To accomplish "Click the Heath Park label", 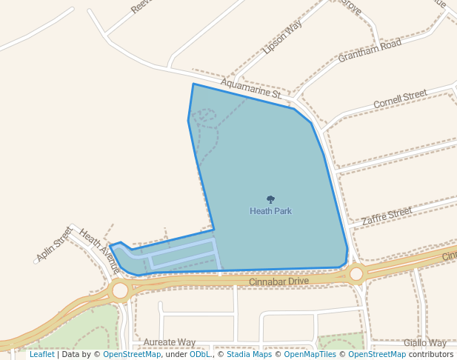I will click(270, 211).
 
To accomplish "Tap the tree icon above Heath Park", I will click(270, 199).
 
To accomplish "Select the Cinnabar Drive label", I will click(278, 281).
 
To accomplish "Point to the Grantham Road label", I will click(370, 50).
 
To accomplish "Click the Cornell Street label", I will click(400, 99).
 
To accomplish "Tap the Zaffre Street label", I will click(387, 216).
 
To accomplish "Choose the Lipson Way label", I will click(282, 38).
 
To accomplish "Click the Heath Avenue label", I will click(99, 249).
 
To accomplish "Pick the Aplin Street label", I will click(53, 244).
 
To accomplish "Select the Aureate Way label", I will click(170, 342).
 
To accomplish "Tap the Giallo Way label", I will click(425, 343).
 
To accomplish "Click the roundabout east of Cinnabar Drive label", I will click(356, 274).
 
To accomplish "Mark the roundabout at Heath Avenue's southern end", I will click(120, 290).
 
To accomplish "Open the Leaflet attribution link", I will click(41, 354).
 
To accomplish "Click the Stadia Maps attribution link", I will click(249, 354).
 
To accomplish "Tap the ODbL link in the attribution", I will click(200, 354).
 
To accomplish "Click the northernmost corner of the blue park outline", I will click(193, 84).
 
